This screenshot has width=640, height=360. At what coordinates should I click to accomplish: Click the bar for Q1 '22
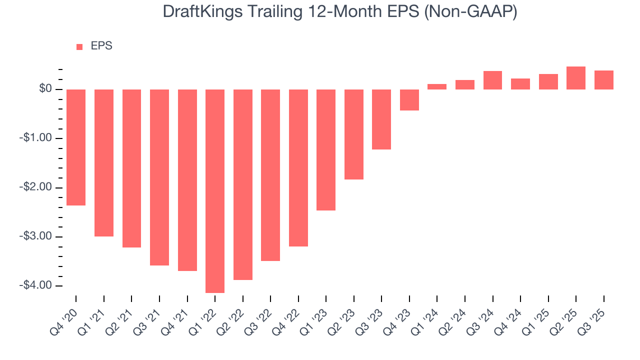pyautogui.click(x=215, y=191)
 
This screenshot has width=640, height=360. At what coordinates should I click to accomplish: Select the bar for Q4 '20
pyautogui.click(x=76, y=147)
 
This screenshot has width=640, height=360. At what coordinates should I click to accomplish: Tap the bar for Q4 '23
pyautogui.click(x=409, y=100)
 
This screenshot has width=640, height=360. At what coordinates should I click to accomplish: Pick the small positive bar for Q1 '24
pyautogui.click(x=437, y=86)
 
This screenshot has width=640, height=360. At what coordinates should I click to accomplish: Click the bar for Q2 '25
pyautogui.click(x=576, y=78)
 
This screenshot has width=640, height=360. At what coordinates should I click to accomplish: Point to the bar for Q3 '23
pyautogui.click(x=381, y=119)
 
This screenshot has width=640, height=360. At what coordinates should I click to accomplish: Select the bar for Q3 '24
pyautogui.click(x=492, y=80)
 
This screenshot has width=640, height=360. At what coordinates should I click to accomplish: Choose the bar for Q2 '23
pyautogui.click(x=354, y=134)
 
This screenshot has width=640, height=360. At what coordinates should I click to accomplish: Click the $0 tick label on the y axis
pyautogui.click(x=45, y=89)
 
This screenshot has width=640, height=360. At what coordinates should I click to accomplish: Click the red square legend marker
pyautogui.click(x=79, y=46)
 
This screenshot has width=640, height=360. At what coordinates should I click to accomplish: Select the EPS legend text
pyautogui.click(x=101, y=46)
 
